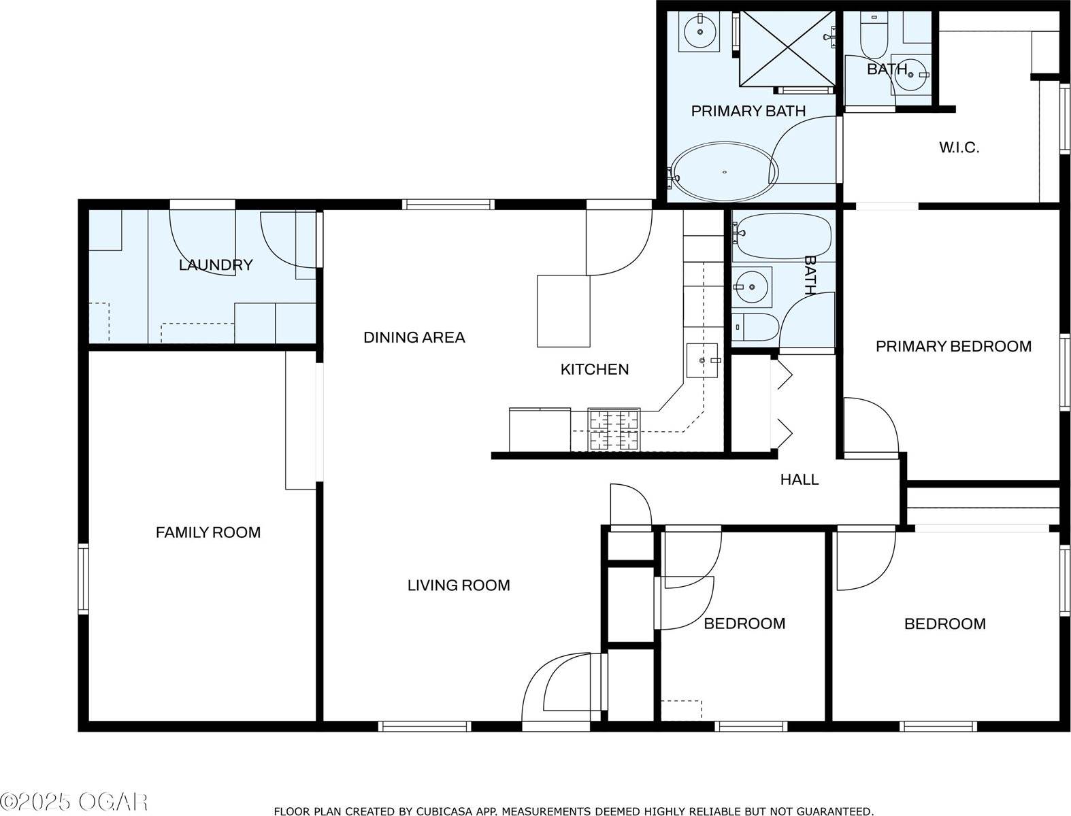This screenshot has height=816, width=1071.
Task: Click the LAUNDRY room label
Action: (216, 265)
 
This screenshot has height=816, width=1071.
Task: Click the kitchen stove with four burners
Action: (614, 430)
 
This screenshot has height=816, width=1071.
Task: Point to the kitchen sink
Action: (702, 360)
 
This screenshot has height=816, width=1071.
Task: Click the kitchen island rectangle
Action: (563, 311)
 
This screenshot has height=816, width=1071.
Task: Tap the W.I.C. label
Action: (959, 148)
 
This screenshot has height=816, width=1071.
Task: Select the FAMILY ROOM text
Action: (208, 532)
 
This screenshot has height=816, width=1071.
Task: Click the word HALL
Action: (799, 480)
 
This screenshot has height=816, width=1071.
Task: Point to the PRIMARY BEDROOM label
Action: (953, 347)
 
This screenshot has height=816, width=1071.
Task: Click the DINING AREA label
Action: (414, 337)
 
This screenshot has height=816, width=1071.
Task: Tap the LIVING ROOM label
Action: (459, 585)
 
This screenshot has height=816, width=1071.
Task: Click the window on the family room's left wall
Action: (83, 578)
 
